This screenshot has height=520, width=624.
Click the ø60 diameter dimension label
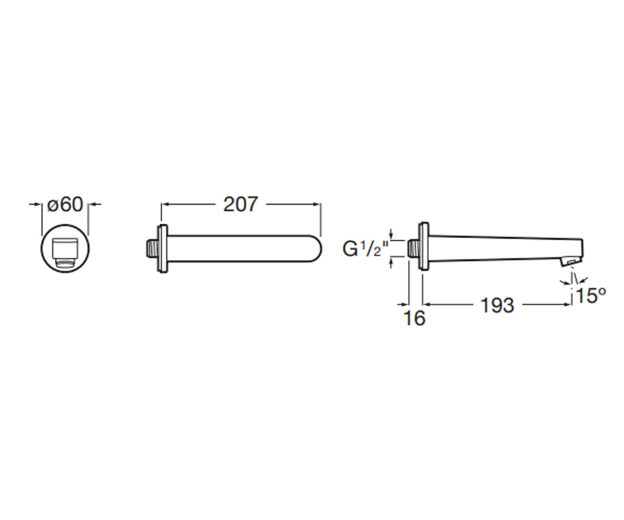[x=65, y=205]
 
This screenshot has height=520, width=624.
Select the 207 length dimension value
[x=240, y=205]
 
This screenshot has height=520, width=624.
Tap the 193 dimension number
[x=497, y=305]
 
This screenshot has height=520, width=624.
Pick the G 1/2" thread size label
[x=365, y=249]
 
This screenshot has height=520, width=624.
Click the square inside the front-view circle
[x=65, y=249]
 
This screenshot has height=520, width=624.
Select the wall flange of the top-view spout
[x=162, y=249]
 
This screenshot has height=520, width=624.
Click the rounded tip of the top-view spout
[x=317, y=249]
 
